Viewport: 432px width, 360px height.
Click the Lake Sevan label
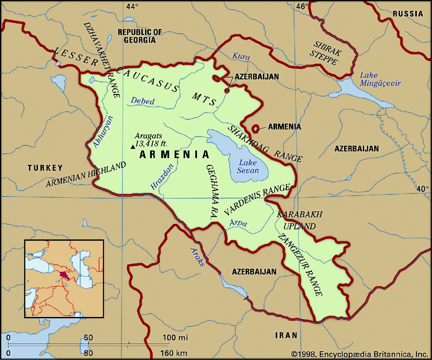tap(248, 166)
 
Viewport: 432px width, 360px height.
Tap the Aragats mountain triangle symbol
tap(133, 147)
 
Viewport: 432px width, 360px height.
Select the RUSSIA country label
tap(408, 14)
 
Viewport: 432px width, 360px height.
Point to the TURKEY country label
tap(45, 168)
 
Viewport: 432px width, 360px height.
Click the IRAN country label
tap(286, 336)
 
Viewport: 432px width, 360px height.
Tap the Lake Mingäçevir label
tap(380, 79)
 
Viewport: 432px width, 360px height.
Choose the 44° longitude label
tap(132, 6)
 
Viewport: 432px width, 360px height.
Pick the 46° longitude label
tap(302, 6)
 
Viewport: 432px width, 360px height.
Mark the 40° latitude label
tap(423, 189)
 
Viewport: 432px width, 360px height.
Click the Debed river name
tap(143, 101)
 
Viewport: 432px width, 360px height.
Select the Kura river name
tap(241, 56)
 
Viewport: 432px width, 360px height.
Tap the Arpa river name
tap(238, 223)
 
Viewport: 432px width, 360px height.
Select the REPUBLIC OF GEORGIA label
tap(139, 36)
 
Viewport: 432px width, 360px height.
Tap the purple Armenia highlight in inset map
tap(64, 275)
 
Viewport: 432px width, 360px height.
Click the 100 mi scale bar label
tap(175, 338)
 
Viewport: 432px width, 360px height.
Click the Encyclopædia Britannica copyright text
tap(360, 353)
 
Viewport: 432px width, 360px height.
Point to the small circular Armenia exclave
tap(255, 127)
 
